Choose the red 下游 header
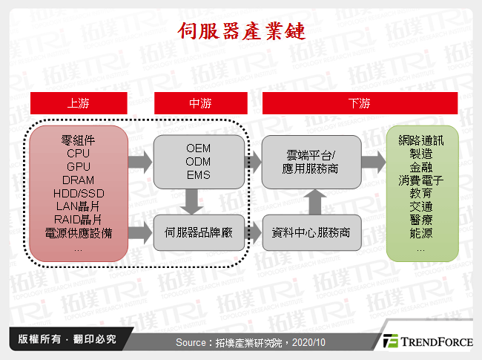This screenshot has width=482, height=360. pos(358,103)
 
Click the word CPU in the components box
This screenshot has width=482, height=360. pos(79,153)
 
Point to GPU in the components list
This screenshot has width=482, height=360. pos(79,166)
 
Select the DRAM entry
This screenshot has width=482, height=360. pos(79,180)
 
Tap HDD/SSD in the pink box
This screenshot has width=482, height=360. pos(79,193)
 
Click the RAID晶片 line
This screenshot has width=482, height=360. pos(79,220)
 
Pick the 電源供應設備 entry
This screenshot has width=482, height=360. pos(79,233)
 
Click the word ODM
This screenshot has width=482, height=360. pos(198,162)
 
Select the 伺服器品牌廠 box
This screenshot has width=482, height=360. pos(198,232)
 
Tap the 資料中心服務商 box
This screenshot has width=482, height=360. pos(311,232)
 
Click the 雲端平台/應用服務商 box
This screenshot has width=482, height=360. pos(311,162)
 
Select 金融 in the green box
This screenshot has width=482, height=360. pos(420,167)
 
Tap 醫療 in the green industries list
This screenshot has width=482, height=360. pos(420,220)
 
